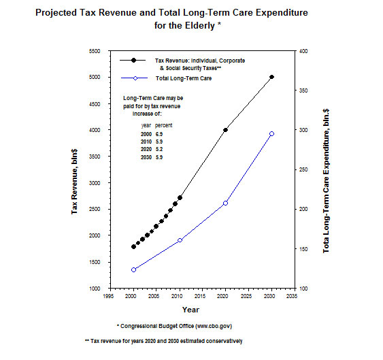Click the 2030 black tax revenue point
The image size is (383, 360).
point(271,77)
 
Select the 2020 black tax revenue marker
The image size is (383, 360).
point(225,130)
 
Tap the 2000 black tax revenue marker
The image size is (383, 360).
point(133,247)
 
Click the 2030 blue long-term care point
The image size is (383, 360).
point(271,134)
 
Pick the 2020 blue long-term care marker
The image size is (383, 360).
point(225,203)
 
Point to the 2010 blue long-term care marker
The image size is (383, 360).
point(180,240)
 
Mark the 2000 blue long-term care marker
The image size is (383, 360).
point(133,269)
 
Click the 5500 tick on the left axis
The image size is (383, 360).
point(95,51)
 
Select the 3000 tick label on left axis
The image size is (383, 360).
point(95,183)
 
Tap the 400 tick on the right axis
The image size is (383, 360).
point(303,51)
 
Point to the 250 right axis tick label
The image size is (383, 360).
point(303,169)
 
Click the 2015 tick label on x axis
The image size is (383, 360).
point(200,296)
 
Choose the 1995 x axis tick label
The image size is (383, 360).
point(108,296)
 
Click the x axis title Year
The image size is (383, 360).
point(190,310)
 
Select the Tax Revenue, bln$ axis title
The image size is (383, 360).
point(74,181)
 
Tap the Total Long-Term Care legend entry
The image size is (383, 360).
point(184,78)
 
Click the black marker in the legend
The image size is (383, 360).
point(133,60)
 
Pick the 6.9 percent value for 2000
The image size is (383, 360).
point(159,134)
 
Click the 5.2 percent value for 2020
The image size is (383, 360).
point(159,149)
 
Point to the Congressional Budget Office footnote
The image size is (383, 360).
point(174,326)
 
